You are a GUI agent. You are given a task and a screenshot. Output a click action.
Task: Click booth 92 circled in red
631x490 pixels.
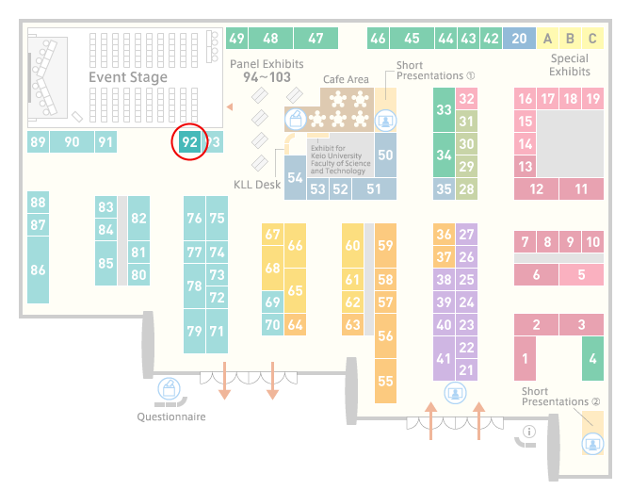point(189,141)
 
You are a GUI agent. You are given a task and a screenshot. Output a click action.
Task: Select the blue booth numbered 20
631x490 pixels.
point(519,39)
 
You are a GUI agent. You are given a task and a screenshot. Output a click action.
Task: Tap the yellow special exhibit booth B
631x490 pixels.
point(570,39)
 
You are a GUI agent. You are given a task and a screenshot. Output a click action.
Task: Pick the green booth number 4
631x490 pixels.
point(592,358)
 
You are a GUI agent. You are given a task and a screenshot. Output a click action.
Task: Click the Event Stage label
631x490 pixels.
point(128,77)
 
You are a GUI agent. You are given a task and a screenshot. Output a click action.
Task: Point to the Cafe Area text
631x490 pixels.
point(346,79)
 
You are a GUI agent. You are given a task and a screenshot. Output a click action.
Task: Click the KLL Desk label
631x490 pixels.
point(257,185)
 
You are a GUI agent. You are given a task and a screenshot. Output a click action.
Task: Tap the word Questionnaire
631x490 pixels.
point(171,416)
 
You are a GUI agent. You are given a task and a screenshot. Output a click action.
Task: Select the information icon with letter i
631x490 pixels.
point(528,432)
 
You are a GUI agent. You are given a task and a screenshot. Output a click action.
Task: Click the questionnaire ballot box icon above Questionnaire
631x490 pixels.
point(169,389)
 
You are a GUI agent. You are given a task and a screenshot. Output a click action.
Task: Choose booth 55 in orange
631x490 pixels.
point(385,381)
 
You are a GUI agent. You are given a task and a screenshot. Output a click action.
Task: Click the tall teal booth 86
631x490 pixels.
point(39,269)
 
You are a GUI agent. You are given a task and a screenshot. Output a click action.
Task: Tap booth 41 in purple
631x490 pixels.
point(444,358)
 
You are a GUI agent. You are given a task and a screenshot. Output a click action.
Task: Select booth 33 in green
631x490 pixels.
point(444,109)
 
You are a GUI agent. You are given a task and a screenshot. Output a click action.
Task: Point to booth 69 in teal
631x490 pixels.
point(272,302)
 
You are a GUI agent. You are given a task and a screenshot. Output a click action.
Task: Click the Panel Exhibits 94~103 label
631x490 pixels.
point(267,71)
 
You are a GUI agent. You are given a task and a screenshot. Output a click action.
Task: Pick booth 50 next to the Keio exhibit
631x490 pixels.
point(385,155)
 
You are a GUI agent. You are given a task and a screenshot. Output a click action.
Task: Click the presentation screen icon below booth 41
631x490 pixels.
point(455,393)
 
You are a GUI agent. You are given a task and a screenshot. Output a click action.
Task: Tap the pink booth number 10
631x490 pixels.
point(592,241)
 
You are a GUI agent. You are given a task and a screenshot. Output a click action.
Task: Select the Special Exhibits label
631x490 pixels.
point(570,65)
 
